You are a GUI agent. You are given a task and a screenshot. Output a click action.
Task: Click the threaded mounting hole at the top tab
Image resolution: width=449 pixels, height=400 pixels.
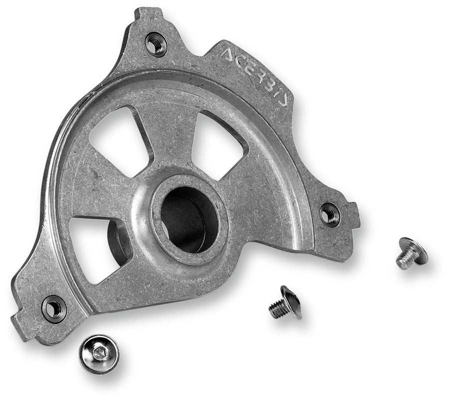pyautogui.click(x=156, y=44)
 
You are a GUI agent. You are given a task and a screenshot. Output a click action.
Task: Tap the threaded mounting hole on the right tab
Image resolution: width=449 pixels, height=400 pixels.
pyautogui.click(x=330, y=214)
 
